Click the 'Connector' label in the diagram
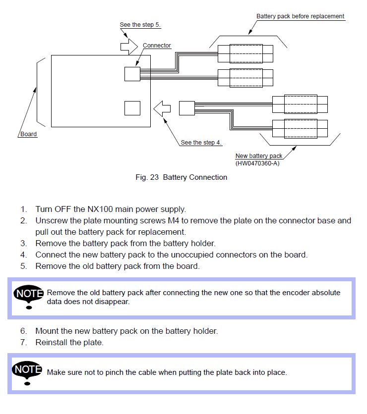[157, 46]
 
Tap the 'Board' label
[28, 134]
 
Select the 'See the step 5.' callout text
[140, 24]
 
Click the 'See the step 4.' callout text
[201, 143]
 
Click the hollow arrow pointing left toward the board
[162, 108]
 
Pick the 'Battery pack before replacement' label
[300, 16]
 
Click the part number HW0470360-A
[257, 163]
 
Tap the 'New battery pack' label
[259, 156]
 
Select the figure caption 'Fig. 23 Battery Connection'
[182, 177]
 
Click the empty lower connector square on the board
[132, 108]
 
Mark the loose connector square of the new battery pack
[186, 108]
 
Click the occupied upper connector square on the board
[132, 74]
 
